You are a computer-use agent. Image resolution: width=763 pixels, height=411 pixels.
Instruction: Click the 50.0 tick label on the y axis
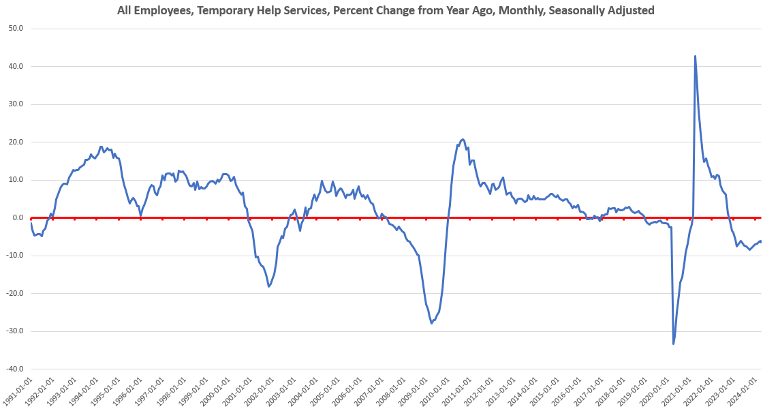click(x=16, y=28)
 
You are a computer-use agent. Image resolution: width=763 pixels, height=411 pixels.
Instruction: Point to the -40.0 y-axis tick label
click(x=14, y=369)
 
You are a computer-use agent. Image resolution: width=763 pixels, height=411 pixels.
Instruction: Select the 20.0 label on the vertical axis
click(x=16, y=142)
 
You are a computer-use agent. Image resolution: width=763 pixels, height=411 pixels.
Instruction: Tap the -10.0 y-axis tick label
click(x=14, y=256)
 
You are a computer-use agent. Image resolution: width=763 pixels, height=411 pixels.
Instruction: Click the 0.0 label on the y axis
click(x=18, y=217)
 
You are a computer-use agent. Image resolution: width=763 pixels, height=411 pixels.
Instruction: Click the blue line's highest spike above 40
click(x=695, y=56)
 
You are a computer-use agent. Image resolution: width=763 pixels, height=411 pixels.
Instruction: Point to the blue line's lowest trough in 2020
click(x=674, y=344)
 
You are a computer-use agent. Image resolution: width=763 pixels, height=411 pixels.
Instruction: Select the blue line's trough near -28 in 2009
click(x=431, y=323)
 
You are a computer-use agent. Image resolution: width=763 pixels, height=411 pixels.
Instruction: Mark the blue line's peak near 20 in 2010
click(x=463, y=139)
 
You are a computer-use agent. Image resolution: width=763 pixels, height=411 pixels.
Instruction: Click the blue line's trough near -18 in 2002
click(x=269, y=286)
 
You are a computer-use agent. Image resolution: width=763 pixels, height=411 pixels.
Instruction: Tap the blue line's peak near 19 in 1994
click(x=102, y=147)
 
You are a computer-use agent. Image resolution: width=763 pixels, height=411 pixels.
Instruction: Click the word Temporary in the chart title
click(x=224, y=10)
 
